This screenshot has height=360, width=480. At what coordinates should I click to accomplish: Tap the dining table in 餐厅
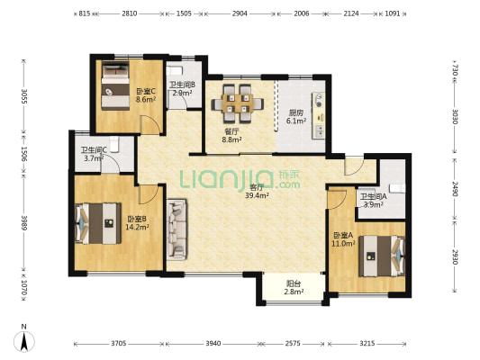point(238,103)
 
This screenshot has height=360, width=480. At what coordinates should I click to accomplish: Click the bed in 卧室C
point(115,85)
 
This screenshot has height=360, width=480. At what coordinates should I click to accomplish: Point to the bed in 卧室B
point(98,223)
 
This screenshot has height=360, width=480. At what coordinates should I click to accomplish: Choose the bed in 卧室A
point(382,256)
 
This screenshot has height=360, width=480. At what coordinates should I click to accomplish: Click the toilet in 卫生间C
point(114,144)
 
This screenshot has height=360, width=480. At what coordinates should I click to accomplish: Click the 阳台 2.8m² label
point(294,287)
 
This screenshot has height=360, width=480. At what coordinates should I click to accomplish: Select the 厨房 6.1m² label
point(296,116)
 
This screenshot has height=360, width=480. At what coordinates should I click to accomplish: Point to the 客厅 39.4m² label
point(257,191)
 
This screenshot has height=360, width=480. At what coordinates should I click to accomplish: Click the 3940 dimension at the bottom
point(213,344)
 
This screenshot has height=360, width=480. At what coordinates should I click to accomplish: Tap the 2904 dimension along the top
point(240,13)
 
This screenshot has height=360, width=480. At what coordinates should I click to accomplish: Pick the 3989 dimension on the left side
point(24,223)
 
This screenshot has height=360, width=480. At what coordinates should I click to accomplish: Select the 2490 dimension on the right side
point(455,189)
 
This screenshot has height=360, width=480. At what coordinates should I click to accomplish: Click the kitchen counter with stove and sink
point(319,115)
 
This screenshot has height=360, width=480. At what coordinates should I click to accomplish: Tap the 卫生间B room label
point(183,85)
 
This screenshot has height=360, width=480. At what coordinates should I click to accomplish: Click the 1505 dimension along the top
point(185,13)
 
